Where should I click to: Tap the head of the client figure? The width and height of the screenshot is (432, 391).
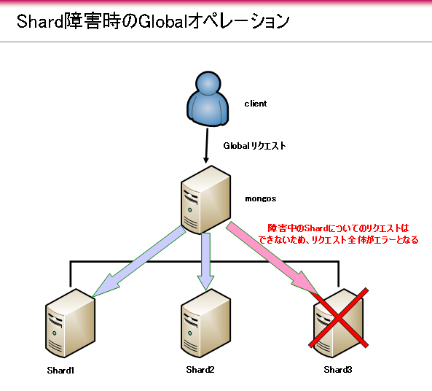(x=208, y=83)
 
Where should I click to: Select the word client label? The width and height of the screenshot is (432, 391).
(x=256, y=104)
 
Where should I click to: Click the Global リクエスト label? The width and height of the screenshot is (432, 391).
(x=254, y=146)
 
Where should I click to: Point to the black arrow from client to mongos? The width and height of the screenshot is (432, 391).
(x=207, y=145)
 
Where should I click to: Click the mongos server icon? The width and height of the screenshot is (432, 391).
(x=206, y=200)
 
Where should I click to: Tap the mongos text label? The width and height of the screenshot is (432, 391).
(x=261, y=199)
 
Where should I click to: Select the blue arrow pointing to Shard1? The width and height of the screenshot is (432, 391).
(x=138, y=262)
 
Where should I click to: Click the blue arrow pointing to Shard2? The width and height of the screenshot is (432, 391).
(x=206, y=261)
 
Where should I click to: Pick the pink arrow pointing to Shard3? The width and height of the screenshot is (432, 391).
(x=272, y=258)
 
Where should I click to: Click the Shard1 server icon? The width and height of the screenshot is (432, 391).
(x=70, y=323)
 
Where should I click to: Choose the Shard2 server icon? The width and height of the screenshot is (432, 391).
(x=206, y=323)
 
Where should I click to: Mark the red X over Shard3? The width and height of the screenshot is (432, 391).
(x=338, y=318)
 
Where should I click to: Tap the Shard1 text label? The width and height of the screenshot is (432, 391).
(x=60, y=371)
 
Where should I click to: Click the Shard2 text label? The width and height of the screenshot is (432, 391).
(x=200, y=370)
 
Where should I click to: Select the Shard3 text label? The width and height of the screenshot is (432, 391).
(x=338, y=370)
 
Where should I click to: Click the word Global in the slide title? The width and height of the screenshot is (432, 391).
(x=161, y=22)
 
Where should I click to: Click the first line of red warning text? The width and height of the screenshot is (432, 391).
(x=338, y=228)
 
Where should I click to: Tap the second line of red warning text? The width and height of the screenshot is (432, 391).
(x=338, y=239)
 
